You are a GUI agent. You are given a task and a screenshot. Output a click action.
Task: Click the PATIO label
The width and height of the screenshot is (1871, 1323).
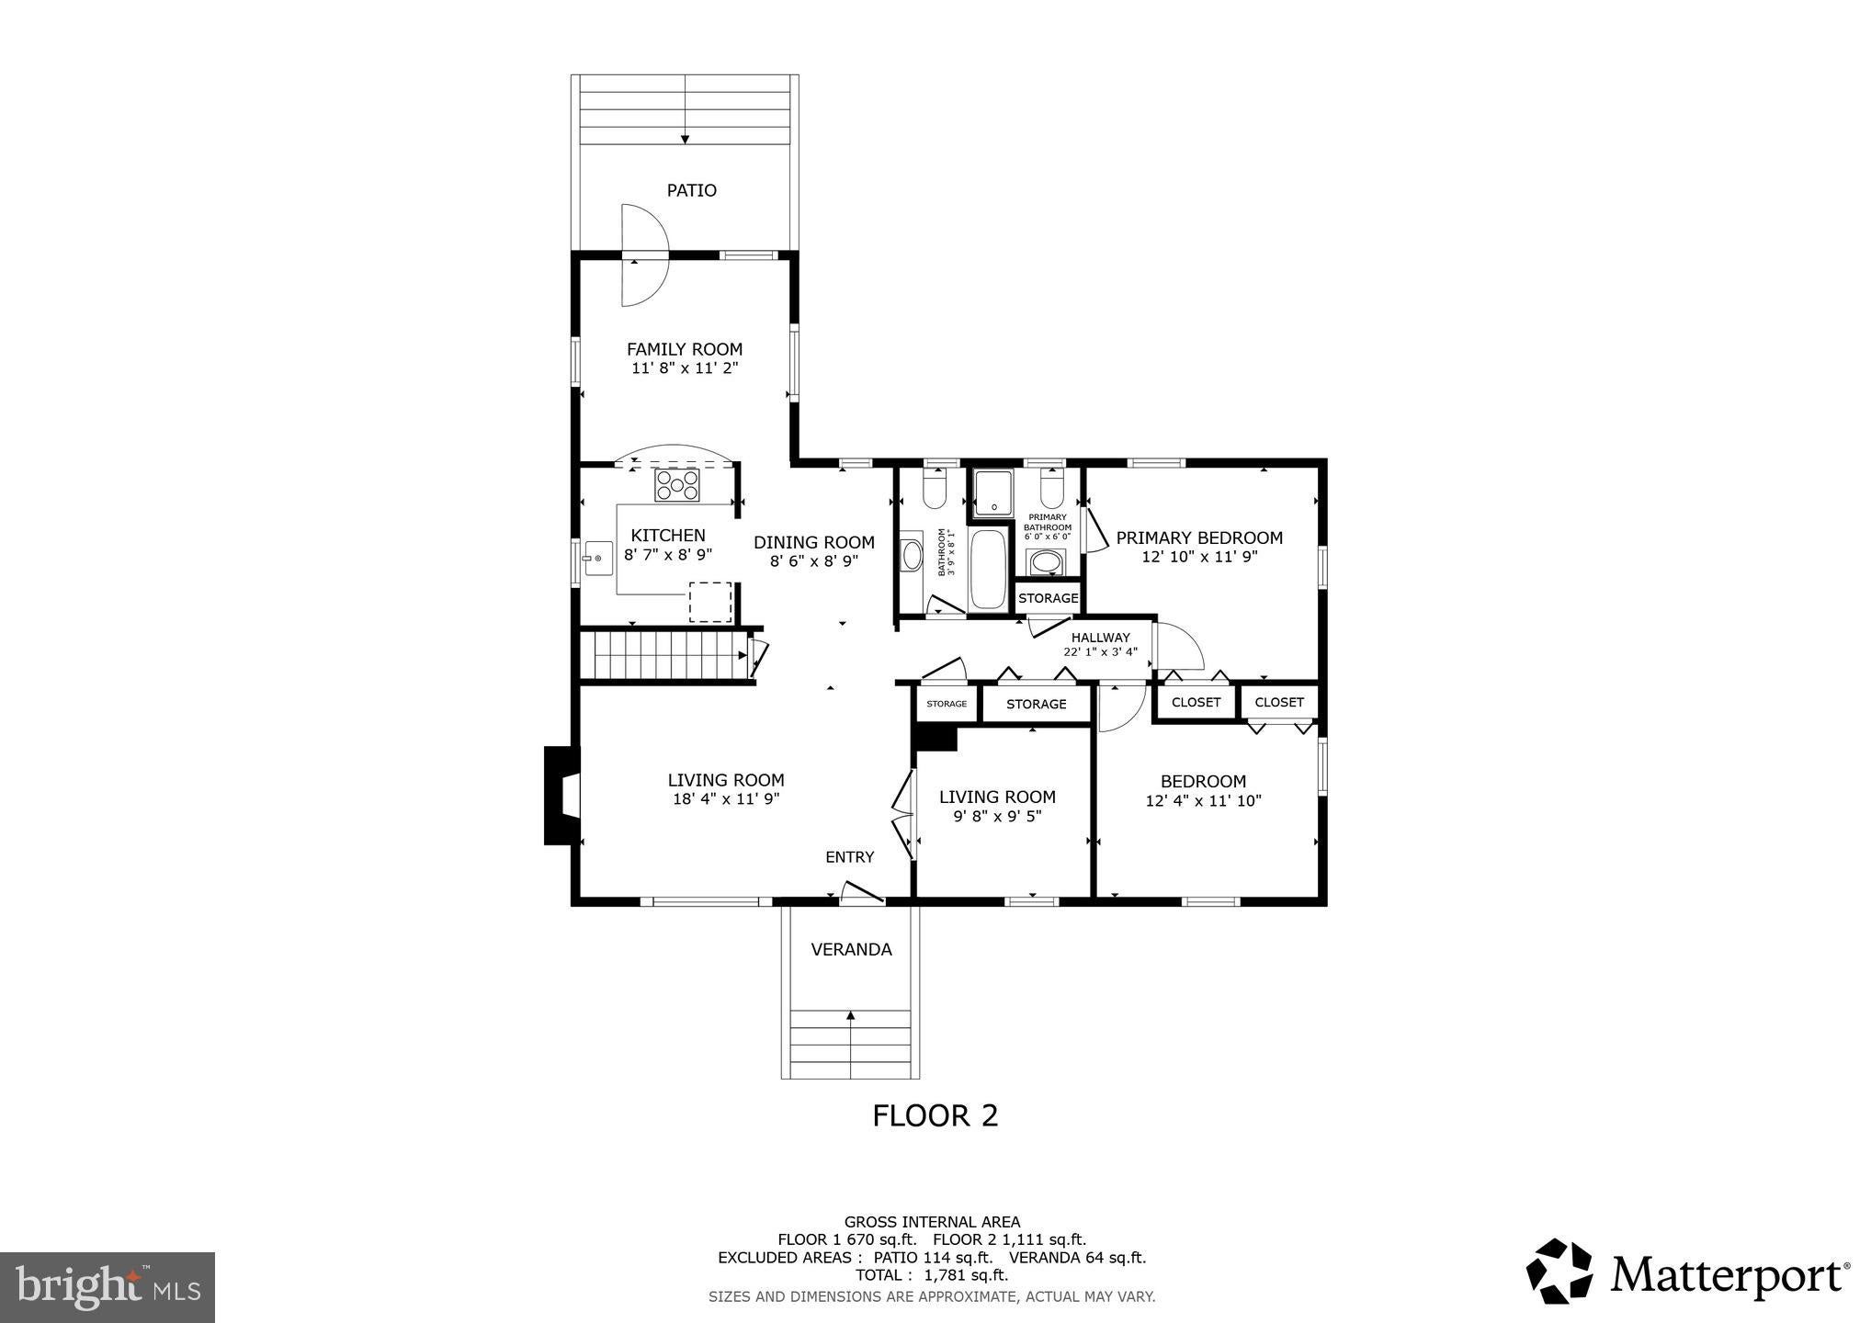pyautogui.click(x=691, y=190)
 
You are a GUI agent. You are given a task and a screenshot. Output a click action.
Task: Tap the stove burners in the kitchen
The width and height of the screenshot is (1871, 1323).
pyautogui.click(x=676, y=484)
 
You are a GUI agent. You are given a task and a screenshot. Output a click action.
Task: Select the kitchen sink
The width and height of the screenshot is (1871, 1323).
pyautogui.click(x=597, y=559)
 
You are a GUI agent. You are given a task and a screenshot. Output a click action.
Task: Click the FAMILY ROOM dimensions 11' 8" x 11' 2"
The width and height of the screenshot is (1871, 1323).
pyautogui.click(x=685, y=368)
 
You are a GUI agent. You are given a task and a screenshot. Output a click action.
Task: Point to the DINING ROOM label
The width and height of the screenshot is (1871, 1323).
pyautogui.click(x=814, y=542)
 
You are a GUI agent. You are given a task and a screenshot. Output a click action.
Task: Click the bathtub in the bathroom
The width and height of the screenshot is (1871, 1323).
pyautogui.click(x=988, y=569)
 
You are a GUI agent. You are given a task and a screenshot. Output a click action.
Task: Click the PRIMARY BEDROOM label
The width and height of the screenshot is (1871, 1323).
pyautogui.click(x=1199, y=537)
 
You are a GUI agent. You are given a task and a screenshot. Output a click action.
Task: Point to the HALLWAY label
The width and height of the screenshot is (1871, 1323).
pyautogui.click(x=1101, y=638)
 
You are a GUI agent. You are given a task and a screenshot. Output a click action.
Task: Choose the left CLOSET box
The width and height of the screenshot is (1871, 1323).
pyautogui.click(x=1196, y=703)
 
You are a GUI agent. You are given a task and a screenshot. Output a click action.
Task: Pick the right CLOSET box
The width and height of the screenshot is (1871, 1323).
pyautogui.click(x=1279, y=702)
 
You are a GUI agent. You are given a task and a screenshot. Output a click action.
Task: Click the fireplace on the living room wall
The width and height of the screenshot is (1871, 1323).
pyautogui.click(x=562, y=795)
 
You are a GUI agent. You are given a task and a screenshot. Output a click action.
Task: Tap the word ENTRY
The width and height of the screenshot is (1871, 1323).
pyautogui.click(x=850, y=857)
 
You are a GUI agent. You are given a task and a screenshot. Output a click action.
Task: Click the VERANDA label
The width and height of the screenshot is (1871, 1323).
pyautogui.click(x=851, y=950)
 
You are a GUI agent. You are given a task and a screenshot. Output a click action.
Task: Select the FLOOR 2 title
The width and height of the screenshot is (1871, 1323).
pyautogui.click(x=935, y=1115)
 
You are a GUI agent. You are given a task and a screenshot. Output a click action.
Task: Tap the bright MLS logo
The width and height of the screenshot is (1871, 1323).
pyautogui.click(x=108, y=1288)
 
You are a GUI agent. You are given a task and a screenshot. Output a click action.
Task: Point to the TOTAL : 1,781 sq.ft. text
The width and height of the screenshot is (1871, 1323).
pyautogui.click(x=932, y=1275)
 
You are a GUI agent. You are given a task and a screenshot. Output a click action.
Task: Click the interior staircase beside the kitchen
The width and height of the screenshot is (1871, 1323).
pyautogui.click(x=666, y=655)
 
